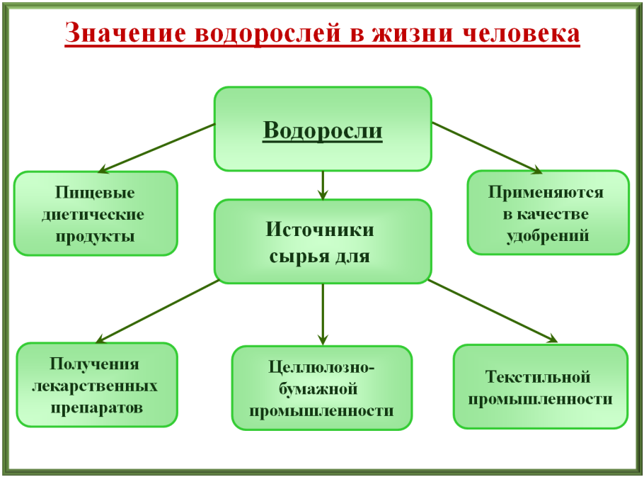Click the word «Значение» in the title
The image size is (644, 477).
[x=114, y=33]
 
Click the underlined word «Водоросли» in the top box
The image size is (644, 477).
[x=323, y=130]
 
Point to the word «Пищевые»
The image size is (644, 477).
[x=95, y=193]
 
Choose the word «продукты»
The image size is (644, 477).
[x=95, y=235]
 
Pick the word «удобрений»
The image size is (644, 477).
[x=547, y=235]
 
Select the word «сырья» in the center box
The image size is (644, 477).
[x=297, y=256]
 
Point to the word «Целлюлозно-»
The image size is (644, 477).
[x=322, y=368]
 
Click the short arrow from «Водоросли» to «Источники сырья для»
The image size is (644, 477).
[x=323, y=185]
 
